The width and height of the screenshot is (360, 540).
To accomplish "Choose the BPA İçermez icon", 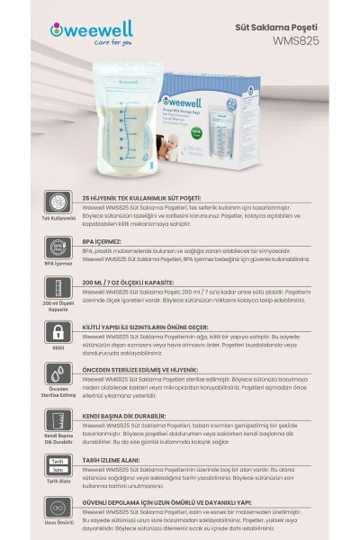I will pyautogui.click(x=58, y=247).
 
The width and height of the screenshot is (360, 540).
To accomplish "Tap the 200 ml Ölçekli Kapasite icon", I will pyautogui.click(x=58, y=289).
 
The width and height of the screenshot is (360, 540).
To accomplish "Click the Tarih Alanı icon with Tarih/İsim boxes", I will pyautogui.click(x=58, y=464).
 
